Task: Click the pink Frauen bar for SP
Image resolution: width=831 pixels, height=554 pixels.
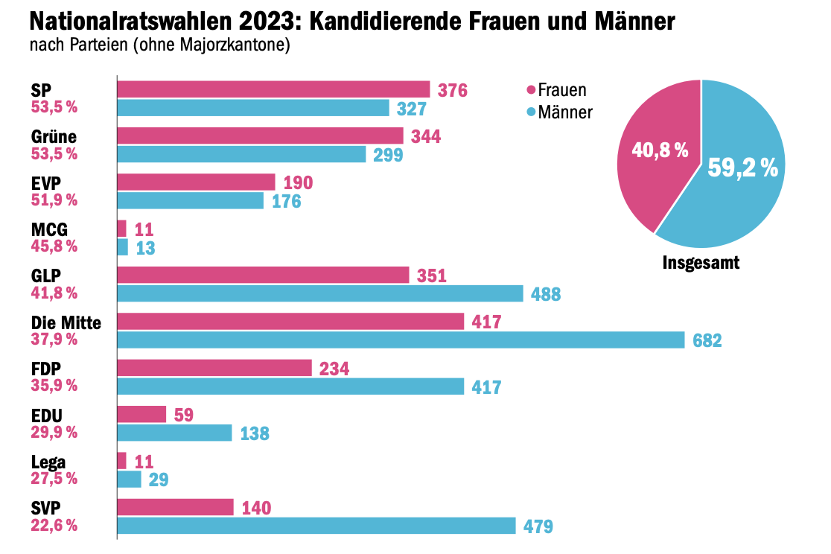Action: pyautogui.click(x=273, y=89)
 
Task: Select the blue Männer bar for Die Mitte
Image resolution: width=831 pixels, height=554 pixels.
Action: pyautogui.click(x=401, y=340)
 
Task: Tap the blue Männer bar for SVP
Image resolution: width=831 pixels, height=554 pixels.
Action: pyautogui.click(x=316, y=526)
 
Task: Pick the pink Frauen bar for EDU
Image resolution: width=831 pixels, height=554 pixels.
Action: pyautogui.click(x=142, y=414)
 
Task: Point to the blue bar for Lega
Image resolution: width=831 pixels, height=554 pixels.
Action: pyautogui.click(x=130, y=480)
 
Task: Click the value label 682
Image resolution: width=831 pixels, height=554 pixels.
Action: pyautogui.click(x=707, y=341)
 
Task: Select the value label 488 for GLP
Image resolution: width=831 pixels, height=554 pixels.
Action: pyautogui.click(x=546, y=294)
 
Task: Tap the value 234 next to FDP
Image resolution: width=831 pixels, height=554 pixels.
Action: pyautogui.click(x=334, y=369)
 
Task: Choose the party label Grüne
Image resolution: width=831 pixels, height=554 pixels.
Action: pyautogui.click(x=54, y=137)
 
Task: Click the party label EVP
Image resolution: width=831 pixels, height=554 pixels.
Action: pyautogui.click(x=47, y=183)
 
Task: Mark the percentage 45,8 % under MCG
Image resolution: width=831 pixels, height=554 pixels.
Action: pyautogui.click(x=54, y=246)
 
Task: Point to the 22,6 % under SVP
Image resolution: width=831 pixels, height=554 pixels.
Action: pyautogui.click(x=54, y=525)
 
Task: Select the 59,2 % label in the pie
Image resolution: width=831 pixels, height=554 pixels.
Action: pyautogui.click(x=742, y=168)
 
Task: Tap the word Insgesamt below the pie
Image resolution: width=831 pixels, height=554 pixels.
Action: pyautogui.click(x=701, y=264)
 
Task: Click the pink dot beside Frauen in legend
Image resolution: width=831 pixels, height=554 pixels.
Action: pyautogui.click(x=531, y=91)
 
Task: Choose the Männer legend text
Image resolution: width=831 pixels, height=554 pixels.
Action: pyautogui.click(x=565, y=113)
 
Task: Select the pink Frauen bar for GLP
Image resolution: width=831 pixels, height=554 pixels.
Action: pyautogui.click(x=263, y=275)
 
